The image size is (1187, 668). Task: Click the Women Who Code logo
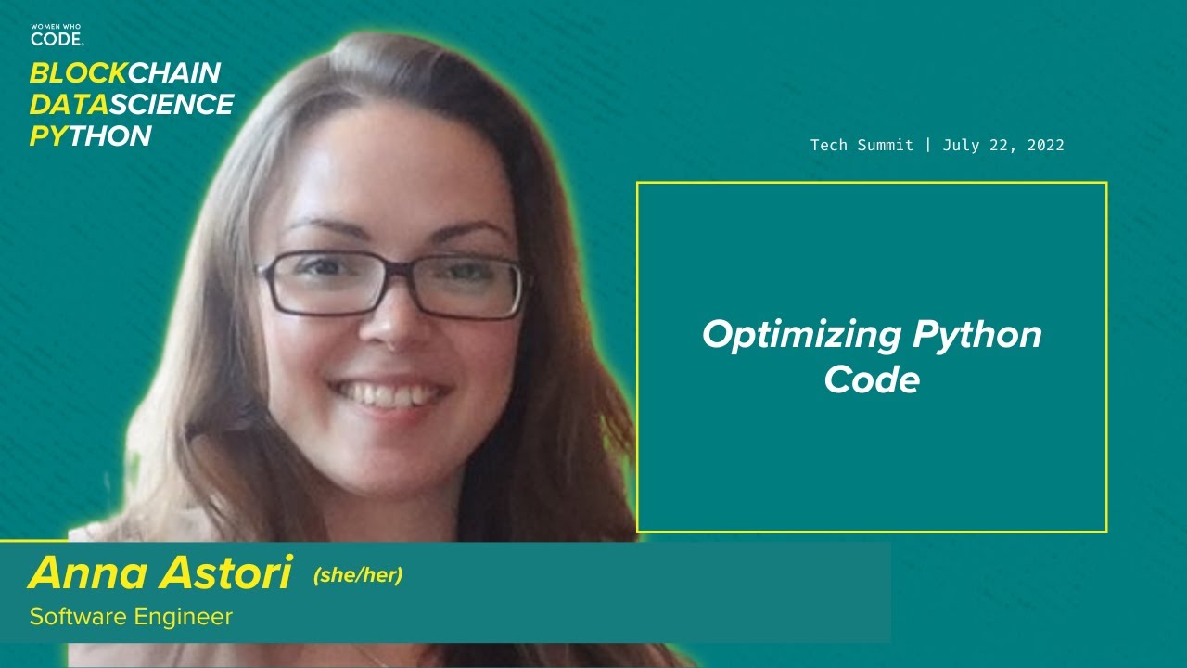[x=57, y=35]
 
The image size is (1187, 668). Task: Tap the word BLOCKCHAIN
[x=124, y=73]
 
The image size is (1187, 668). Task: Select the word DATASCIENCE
[x=131, y=105]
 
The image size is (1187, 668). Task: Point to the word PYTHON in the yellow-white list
[x=90, y=136]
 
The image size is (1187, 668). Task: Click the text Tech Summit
[x=862, y=145]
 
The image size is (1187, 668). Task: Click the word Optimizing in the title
[x=802, y=334]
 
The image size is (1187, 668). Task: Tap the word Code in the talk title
[x=872, y=379]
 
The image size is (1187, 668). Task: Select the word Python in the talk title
[x=977, y=334]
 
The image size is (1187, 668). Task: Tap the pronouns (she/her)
[x=358, y=575]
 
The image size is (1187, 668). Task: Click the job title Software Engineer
[x=131, y=616]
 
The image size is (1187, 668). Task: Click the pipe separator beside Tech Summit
[x=928, y=145]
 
